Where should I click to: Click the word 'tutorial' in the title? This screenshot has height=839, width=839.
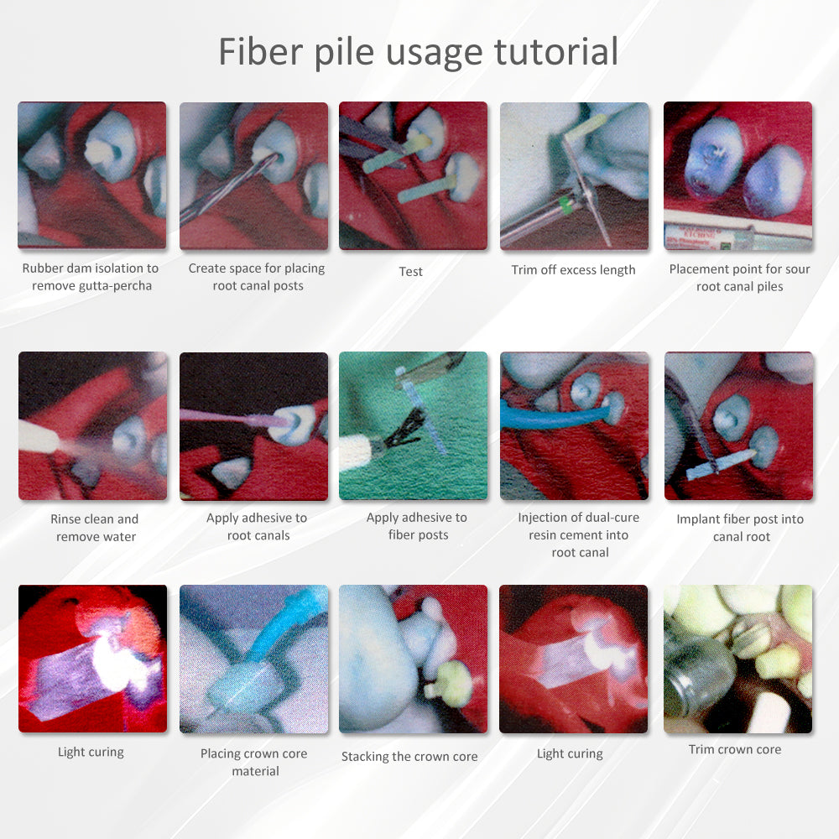pos(556,51)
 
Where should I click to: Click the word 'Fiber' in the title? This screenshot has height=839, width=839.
pos(261,51)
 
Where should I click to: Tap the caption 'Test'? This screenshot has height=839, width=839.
pos(411,272)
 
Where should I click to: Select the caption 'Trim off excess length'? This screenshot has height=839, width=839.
pos(573,270)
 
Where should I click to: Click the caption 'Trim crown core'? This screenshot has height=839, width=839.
pos(735,749)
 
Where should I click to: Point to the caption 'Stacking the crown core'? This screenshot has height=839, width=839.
pos(409,757)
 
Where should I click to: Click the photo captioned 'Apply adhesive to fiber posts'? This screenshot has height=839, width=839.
pos(413,426)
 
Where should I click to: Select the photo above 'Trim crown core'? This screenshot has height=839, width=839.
pos(737,659)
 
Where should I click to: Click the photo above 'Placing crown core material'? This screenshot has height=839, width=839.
pos(253,659)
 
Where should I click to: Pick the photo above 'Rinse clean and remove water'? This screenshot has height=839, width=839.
pos(92,426)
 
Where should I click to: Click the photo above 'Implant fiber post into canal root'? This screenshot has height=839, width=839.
pos(738,426)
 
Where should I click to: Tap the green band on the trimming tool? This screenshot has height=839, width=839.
pos(565,204)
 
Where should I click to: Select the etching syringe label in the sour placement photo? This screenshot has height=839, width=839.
pos(696,237)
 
